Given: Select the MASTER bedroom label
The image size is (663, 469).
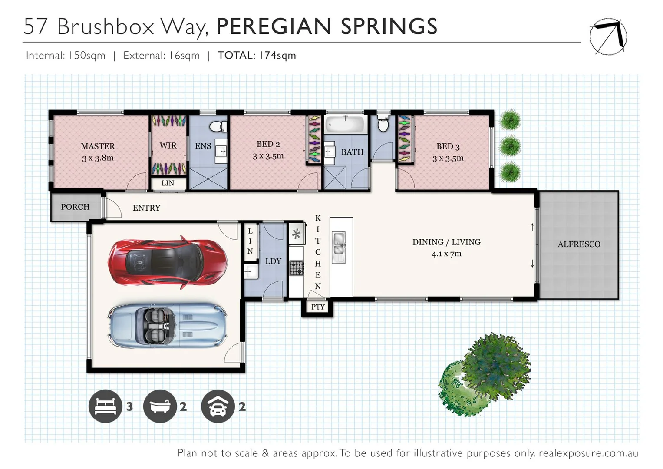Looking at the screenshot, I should click(x=98, y=146).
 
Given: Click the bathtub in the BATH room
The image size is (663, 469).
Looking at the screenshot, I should click(x=345, y=125).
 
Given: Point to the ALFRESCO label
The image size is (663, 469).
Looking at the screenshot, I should click(x=579, y=244).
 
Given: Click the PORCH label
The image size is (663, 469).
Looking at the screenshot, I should click(x=75, y=207).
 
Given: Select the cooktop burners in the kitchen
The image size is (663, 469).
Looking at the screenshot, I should click(x=297, y=268).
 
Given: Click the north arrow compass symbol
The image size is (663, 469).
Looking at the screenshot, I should click(x=608, y=36).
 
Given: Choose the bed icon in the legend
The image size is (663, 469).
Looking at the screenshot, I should click(x=105, y=406).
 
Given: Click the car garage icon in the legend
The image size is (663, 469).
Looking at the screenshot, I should click(x=218, y=406).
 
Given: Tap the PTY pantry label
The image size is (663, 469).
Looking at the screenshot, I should click(x=318, y=307).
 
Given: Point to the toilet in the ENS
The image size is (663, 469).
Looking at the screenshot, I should click(x=217, y=126).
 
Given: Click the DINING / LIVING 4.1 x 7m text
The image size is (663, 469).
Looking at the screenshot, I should click(x=446, y=248).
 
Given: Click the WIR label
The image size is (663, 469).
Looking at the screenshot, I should click(x=168, y=145).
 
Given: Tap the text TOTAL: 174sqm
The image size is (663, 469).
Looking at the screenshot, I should click(x=257, y=56).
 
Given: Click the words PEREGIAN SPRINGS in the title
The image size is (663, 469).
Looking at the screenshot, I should click(x=327, y=26).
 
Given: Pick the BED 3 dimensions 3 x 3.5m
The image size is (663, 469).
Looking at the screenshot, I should click(x=448, y=159).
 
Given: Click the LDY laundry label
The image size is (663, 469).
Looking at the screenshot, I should click(x=273, y=261).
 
